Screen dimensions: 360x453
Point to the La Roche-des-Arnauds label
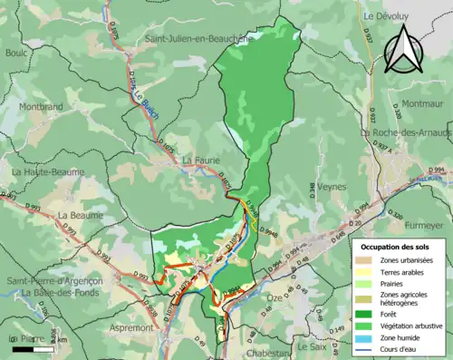pos(406,132)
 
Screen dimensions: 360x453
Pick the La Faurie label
pos(201,161)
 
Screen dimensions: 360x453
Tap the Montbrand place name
pos(37,106)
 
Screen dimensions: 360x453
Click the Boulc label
pos(16,53)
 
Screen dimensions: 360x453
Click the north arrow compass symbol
pos(405,48)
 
